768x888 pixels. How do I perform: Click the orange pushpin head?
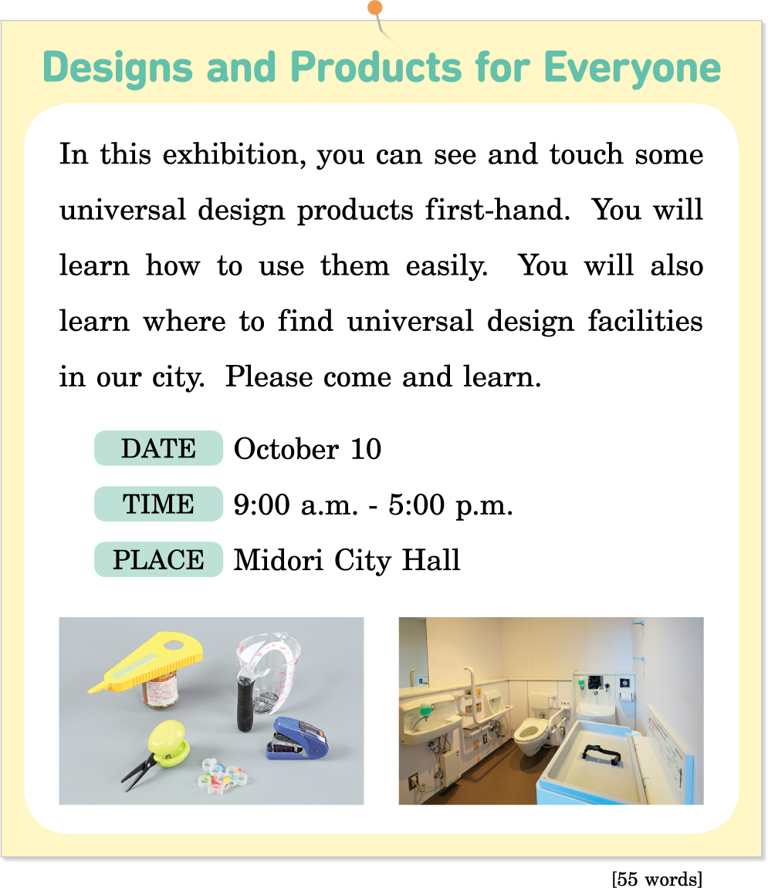click(x=374, y=8)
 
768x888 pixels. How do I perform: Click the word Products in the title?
click(x=377, y=67)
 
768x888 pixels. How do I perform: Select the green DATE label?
click(x=158, y=448)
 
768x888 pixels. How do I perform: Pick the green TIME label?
click(x=158, y=504)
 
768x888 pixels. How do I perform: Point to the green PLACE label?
click(x=158, y=559)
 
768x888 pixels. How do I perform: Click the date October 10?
click(x=307, y=449)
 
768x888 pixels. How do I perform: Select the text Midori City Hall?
click(x=347, y=560)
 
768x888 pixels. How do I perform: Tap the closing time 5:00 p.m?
click(x=451, y=505)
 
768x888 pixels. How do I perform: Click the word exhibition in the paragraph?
click(x=235, y=154)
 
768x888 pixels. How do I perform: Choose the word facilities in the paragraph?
click(x=645, y=320)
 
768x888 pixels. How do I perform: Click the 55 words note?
click(x=657, y=879)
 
